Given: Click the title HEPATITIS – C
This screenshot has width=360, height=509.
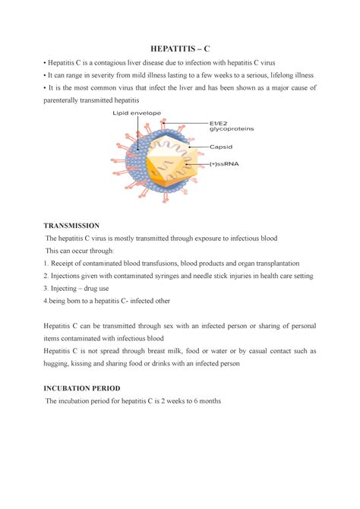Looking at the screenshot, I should point(180,48).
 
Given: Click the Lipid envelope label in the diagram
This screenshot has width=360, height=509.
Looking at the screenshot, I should point(137,114).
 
